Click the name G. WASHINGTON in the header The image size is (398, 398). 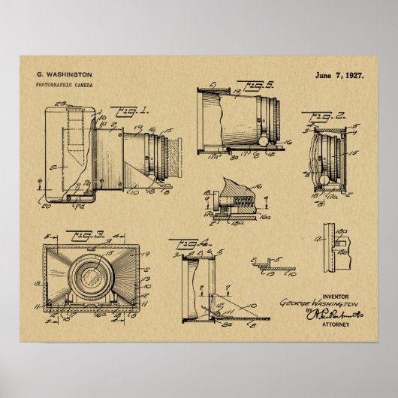(64, 74)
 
